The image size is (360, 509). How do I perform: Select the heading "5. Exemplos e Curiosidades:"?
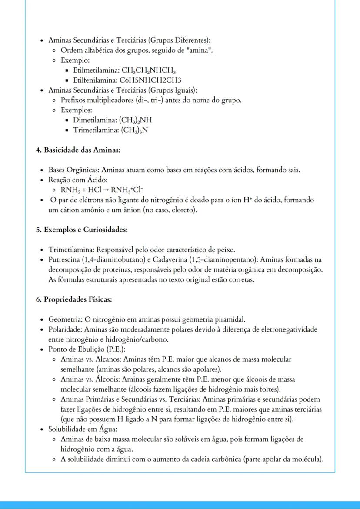(x=81, y=230)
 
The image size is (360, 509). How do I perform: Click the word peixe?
(x=226, y=250)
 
